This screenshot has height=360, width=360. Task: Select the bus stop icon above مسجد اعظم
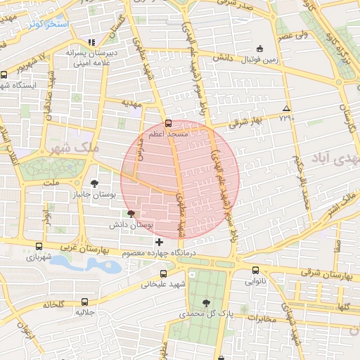[x=167, y=123]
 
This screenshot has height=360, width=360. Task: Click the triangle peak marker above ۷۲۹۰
[x=286, y=108]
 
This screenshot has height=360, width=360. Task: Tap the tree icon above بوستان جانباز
[x=95, y=183]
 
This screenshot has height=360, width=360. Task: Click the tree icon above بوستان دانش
[x=131, y=214]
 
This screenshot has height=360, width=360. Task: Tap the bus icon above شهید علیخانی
[x=164, y=274]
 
